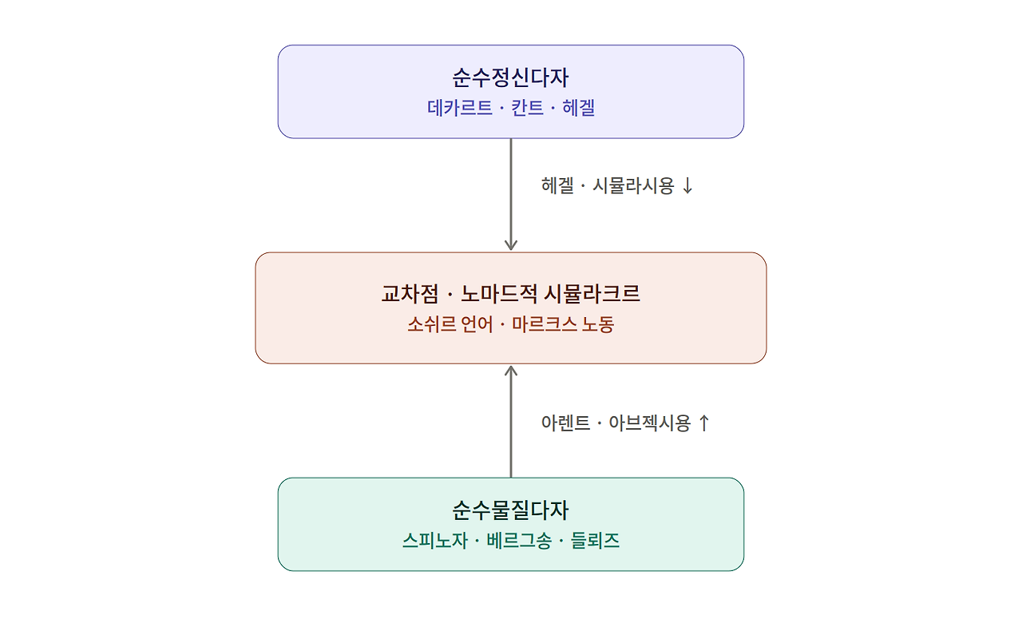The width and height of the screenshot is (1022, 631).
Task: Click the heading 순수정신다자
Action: coord(510,77)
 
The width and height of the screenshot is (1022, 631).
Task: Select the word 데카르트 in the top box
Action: coord(459,108)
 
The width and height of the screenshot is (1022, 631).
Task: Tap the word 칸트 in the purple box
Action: coord(527,108)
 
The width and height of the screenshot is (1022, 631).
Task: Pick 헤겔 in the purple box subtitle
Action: coord(579,108)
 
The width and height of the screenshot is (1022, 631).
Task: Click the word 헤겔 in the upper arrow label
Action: coord(557,186)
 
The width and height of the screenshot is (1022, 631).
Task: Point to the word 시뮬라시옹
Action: coord(633,186)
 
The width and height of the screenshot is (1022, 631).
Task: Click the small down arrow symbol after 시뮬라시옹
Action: coord(687,186)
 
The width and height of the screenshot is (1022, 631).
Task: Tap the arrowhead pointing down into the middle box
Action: coord(511,244)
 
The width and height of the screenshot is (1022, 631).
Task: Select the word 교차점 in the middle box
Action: coord(410,294)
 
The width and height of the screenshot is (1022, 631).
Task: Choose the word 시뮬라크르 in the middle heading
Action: coord(592,294)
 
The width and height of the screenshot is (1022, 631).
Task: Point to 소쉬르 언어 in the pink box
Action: coord(450,324)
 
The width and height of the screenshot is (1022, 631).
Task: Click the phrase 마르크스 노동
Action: coord(563,324)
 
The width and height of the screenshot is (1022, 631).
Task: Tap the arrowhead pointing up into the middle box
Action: coord(511,371)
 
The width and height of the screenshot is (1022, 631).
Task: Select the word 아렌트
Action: coord(566,423)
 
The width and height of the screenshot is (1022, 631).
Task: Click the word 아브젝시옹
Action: coord(650,423)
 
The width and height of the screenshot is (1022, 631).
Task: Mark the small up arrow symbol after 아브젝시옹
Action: coord(704,423)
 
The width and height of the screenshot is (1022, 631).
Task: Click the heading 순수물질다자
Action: coord(510,510)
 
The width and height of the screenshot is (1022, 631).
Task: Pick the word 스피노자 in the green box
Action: coord(435,541)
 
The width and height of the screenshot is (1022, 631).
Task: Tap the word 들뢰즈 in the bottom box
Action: coord(595,541)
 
